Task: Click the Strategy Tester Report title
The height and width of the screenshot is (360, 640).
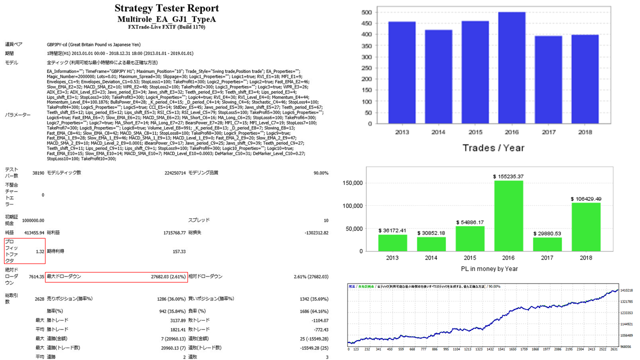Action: (166, 8)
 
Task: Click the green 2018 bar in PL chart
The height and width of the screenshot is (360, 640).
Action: (586, 227)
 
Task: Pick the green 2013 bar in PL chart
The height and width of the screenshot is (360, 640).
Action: (392, 242)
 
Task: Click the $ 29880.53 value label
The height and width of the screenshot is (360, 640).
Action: (547, 233)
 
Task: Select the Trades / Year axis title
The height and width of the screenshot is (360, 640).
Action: (493, 147)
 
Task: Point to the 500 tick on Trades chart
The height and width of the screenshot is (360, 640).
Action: (366, 12)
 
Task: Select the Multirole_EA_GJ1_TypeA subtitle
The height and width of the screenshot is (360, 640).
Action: (166, 19)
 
